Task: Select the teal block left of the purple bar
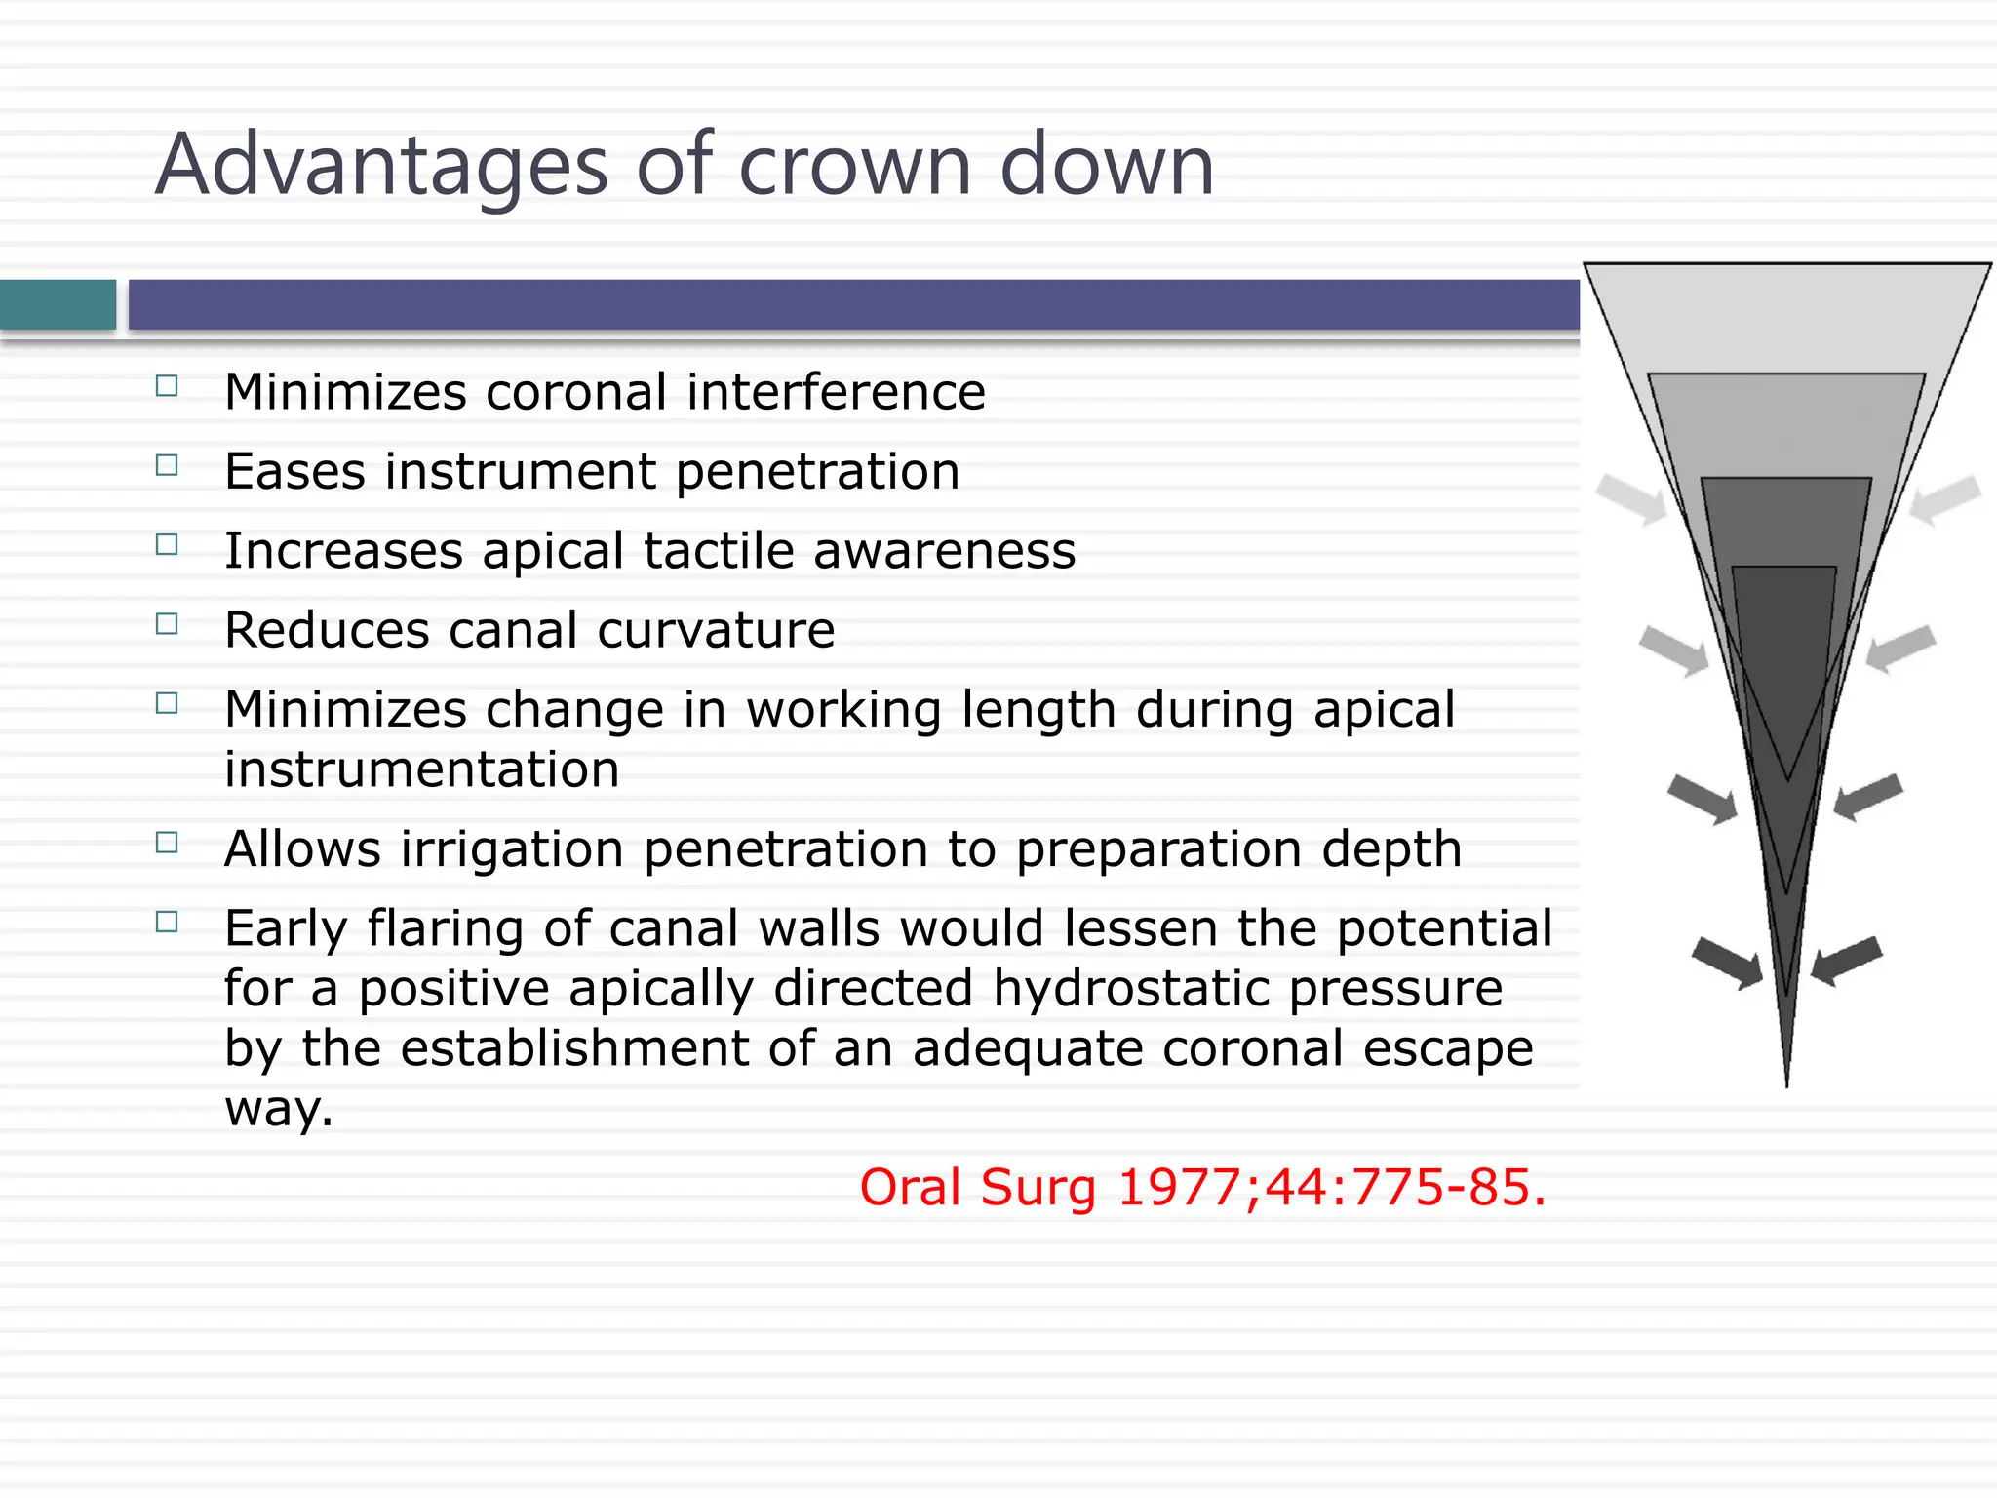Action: [58, 304]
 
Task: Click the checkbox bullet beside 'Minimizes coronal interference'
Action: [167, 386]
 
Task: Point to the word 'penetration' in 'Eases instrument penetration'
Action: [817, 472]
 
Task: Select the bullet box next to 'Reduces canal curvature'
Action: [167, 624]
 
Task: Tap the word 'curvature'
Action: [716, 630]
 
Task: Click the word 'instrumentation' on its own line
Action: [421, 769]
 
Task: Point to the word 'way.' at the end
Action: [279, 1109]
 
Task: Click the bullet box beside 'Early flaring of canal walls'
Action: [167, 922]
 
